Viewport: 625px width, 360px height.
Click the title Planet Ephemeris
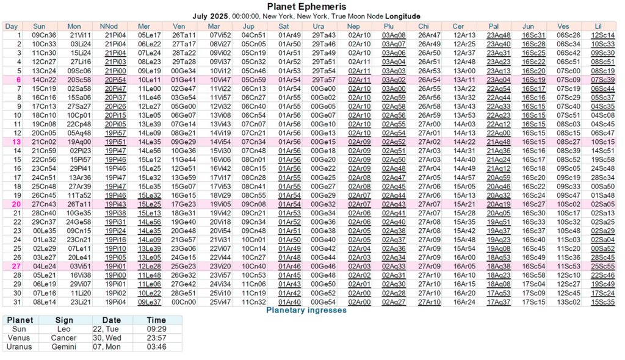pos(312,7)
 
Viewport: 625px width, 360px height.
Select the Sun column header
pos(39,26)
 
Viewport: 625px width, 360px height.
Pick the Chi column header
pos(424,26)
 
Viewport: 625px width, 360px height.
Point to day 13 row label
pos(17,142)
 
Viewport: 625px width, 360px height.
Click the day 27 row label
pos(17,266)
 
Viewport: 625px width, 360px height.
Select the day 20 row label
pos(17,204)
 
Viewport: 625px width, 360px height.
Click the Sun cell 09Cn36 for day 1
pos(44,35)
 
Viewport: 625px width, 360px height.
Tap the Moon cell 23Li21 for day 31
pos(79,301)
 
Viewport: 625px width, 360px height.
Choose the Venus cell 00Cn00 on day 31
pos(184,301)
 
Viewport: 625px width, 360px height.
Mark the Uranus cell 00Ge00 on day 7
pos(323,88)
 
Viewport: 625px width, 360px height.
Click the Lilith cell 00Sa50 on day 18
pos(603,186)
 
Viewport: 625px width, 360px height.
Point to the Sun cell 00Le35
pos(44,231)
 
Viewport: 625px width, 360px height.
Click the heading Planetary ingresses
pos(306,310)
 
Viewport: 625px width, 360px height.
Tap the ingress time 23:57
pos(157,338)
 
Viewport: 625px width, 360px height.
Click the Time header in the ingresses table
pos(157,320)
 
